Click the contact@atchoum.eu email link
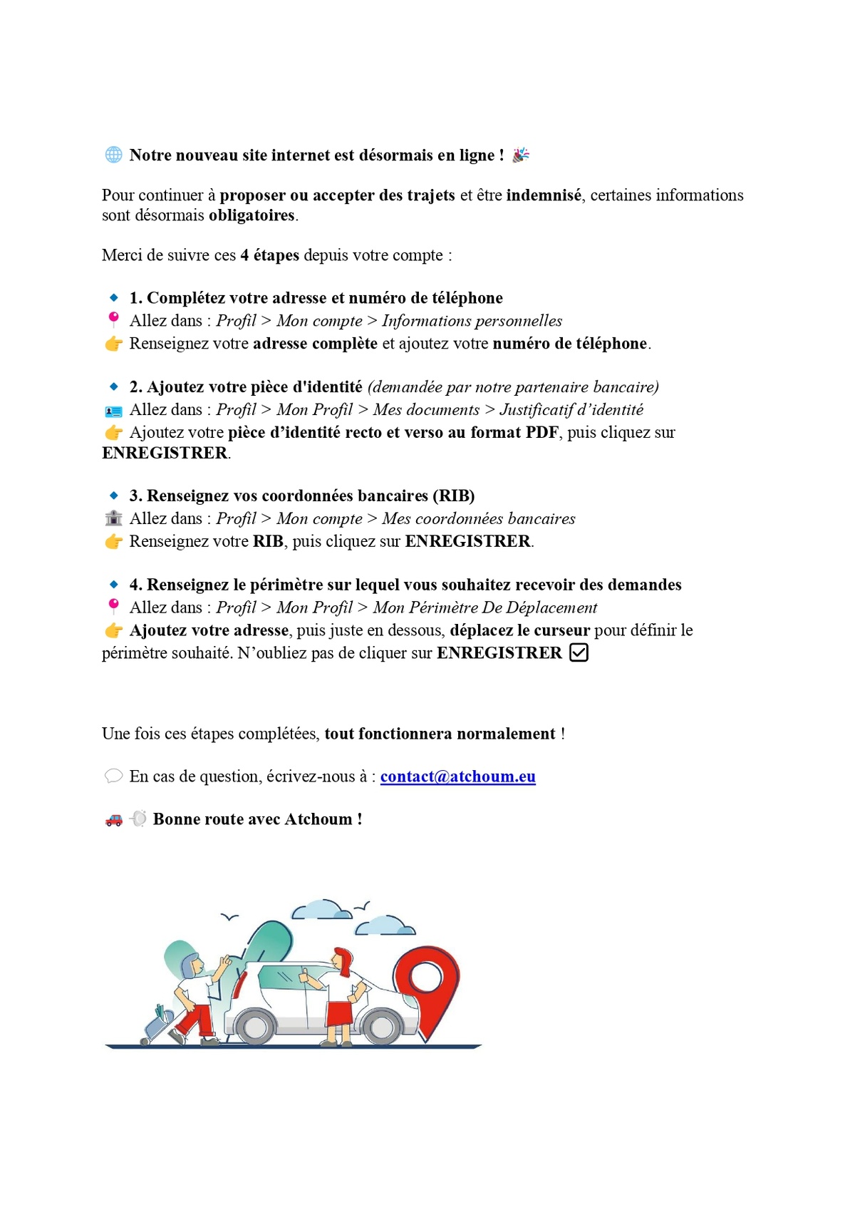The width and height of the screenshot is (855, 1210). (457, 776)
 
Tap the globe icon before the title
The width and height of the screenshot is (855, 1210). (113, 155)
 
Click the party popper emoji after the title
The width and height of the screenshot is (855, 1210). (521, 155)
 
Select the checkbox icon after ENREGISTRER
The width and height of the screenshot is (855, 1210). (579, 652)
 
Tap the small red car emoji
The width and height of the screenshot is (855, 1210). (113, 820)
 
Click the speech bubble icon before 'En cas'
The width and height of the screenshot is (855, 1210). (113, 776)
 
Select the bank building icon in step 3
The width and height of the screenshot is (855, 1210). (113, 518)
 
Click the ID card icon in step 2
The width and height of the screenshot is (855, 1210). (113, 411)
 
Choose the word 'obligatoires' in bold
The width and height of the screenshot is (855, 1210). (252, 215)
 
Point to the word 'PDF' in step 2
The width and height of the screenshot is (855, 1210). (541, 432)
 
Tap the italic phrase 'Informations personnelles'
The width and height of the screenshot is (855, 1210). (472, 321)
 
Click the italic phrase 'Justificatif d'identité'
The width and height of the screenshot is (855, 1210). (571, 409)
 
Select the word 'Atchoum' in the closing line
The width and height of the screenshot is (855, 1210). (318, 819)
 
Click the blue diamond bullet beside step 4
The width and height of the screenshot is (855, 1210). (113, 585)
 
